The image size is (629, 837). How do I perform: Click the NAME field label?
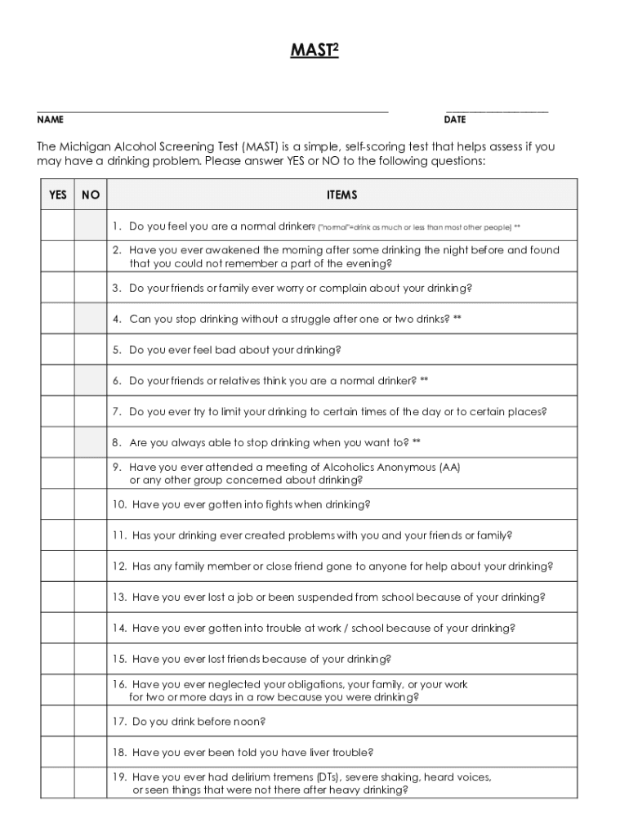click(51, 119)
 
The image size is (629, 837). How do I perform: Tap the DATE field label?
click(455, 119)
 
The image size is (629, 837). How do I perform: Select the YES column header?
click(58, 195)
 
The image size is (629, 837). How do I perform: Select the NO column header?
click(91, 195)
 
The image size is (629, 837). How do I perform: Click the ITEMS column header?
click(341, 195)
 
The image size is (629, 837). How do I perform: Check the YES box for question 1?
click(58, 226)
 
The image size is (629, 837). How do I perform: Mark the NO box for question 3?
click(91, 288)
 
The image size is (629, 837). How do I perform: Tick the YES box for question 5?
click(58, 350)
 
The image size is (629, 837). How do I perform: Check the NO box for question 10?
click(91, 504)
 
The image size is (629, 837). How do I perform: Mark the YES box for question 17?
click(58, 722)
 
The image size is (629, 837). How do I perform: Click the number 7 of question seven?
click(116, 412)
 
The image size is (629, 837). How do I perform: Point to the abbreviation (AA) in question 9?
click(449, 468)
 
